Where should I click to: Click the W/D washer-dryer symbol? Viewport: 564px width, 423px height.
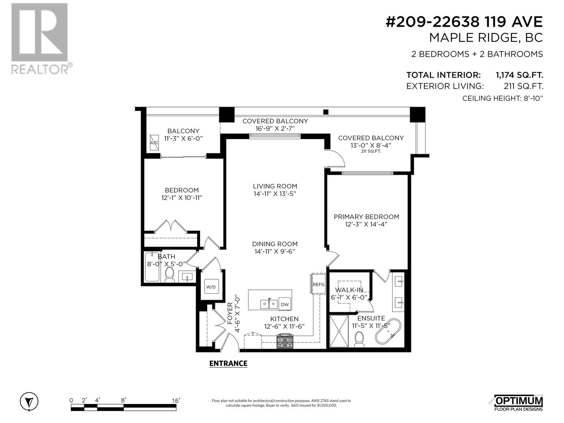(211, 287)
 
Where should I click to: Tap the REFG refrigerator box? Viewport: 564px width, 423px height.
(318, 284)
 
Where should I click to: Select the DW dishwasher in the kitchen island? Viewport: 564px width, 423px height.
(285, 304)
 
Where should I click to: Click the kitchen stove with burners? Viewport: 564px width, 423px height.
(285, 341)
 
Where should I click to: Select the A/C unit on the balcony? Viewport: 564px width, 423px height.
(154, 142)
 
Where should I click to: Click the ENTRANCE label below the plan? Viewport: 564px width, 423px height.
(228, 363)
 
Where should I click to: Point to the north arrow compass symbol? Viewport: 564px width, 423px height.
(29, 401)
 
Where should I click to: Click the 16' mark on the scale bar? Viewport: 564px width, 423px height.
(176, 401)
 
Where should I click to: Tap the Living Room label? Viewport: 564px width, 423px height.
(275, 186)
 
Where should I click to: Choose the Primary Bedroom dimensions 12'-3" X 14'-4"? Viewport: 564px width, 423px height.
(366, 224)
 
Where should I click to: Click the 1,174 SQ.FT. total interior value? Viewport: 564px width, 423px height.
(519, 75)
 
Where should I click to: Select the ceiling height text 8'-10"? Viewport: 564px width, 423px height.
(533, 98)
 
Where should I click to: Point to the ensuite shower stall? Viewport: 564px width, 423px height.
(339, 331)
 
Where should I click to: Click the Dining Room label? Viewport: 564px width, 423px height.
(275, 244)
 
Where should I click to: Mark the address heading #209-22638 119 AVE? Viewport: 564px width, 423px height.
(464, 22)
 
